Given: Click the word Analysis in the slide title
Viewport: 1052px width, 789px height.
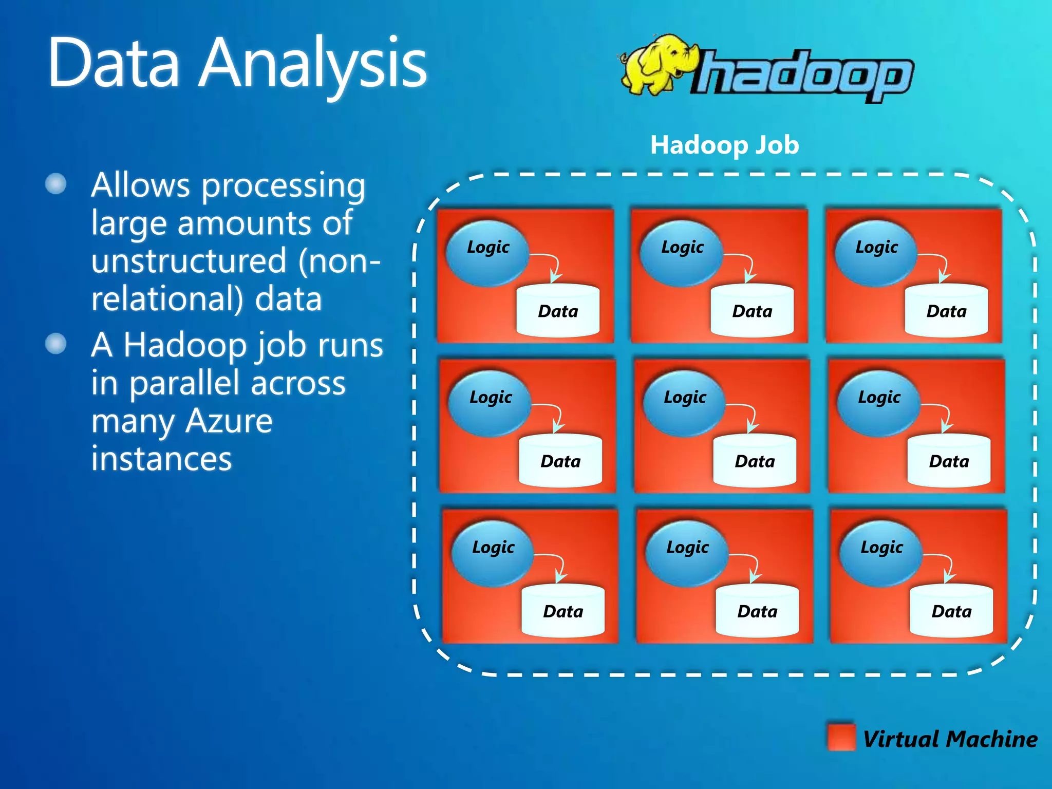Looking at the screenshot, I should pyautogui.click(x=313, y=64).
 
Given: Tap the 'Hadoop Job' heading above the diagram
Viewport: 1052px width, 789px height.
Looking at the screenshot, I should pyautogui.click(x=724, y=145).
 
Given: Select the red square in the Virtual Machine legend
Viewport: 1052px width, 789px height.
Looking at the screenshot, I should pyautogui.click(x=841, y=737).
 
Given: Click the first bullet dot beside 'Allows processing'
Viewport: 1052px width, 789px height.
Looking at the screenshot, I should pyautogui.click(x=56, y=184).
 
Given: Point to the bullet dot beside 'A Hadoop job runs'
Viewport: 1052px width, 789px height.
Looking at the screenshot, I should pyautogui.click(x=56, y=344).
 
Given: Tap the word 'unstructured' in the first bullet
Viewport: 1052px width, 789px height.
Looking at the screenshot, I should pyautogui.click(x=189, y=260).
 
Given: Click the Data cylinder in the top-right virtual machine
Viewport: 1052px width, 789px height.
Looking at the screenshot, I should pyautogui.click(x=946, y=311).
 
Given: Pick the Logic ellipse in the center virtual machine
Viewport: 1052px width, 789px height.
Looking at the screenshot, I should pyautogui.click(x=684, y=403).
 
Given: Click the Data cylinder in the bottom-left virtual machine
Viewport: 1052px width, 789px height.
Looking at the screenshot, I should pyautogui.click(x=563, y=611).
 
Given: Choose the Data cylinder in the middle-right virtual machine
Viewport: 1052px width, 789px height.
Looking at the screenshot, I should pyautogui.click(x=949, y=461).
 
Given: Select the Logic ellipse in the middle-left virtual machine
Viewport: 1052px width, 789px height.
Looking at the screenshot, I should pyautogui.click(x=490, y=403).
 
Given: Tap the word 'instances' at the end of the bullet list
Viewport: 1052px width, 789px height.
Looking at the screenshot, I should pyautogui.click(x=161, y=458).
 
